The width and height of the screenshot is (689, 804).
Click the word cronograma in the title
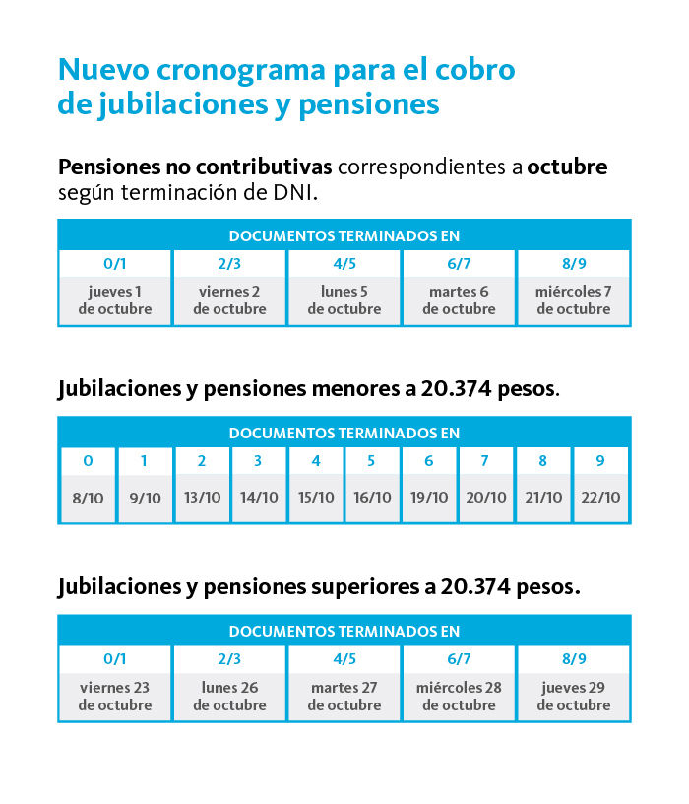(241, 71)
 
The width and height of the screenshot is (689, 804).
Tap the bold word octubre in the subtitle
(567, 167)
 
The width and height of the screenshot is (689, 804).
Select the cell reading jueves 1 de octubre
(115, 301)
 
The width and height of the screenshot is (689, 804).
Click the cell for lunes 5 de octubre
(344, 301)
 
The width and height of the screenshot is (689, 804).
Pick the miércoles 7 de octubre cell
(574, 301)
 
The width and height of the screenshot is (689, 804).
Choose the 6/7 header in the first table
(459, 263)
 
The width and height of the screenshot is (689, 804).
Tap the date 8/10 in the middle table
(89, 498)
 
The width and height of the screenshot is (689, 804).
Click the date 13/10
(203, 498)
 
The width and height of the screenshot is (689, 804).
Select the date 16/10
(372, 498)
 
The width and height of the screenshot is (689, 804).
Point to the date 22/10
(600, 498)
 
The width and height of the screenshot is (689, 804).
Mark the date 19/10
(429, 498)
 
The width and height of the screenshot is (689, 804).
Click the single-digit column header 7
(484, 461)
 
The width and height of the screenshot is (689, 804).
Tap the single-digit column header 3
(258, 461)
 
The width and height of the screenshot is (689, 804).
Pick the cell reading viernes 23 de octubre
(115, 697)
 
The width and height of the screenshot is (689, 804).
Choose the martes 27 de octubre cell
(344, 697)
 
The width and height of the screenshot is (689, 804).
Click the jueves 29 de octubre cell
(574, 697)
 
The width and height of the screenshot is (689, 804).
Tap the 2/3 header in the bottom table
(229, 659)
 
